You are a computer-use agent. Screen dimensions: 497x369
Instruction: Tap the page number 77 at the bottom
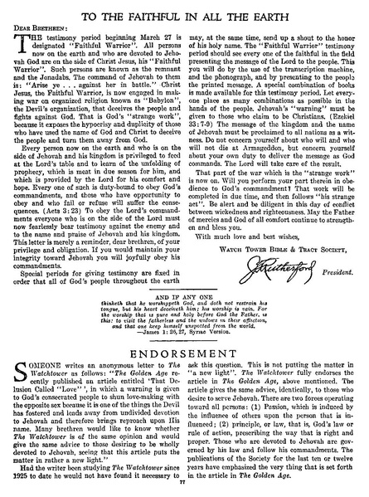tap(185, 491)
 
